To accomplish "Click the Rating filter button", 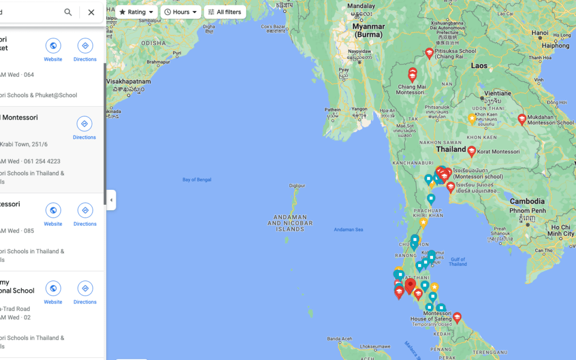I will click(x=136, y=12).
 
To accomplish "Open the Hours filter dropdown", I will click(x=181, y=12).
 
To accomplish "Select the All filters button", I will click(x=225, y=12).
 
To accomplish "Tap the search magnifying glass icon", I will click(x=68, y=12).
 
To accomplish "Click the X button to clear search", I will click(x=91, y=12).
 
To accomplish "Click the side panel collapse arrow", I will click(x=111, y=200).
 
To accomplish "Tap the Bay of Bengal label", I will click(x=197, y=180).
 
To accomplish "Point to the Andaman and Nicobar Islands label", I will click(x=290, y=223).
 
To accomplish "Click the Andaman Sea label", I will click(x=348, y=230).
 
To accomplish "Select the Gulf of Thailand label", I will click(x=458, y=261).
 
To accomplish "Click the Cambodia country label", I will click(x=527, y=201).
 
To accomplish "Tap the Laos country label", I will click(x=479, y=66).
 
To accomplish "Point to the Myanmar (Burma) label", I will click(x=369, y=30).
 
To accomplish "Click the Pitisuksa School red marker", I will click(x=429, y=53).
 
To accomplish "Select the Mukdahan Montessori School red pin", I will click(x=522, y=119).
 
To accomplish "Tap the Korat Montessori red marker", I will click(x=471, y=151).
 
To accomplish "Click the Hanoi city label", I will click(x=540, y=33).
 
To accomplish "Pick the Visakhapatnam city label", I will click(x=129, y=82).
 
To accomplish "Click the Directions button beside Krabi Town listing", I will click(x=84, y=128).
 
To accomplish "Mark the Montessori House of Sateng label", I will click(x=431, y=316).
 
